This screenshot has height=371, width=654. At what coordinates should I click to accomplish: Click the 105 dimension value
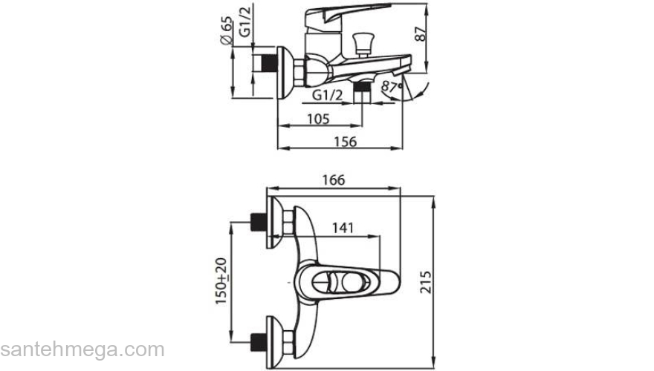click(318, 119)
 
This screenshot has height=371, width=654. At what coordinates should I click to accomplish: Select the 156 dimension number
click(346, 142)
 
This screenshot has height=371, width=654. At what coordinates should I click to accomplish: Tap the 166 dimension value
click(334, 180)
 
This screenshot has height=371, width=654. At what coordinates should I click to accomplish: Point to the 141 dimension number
click(343, 228)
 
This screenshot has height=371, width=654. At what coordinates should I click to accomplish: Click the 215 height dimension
click(425, 282)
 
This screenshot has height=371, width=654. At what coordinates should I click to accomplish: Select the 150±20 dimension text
click(221, 281)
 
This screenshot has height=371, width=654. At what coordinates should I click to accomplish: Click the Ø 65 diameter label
click(226, 30)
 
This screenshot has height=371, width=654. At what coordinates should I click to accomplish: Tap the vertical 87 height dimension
click(421, 33)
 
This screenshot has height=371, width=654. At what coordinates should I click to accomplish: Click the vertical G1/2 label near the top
click(245, 22)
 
